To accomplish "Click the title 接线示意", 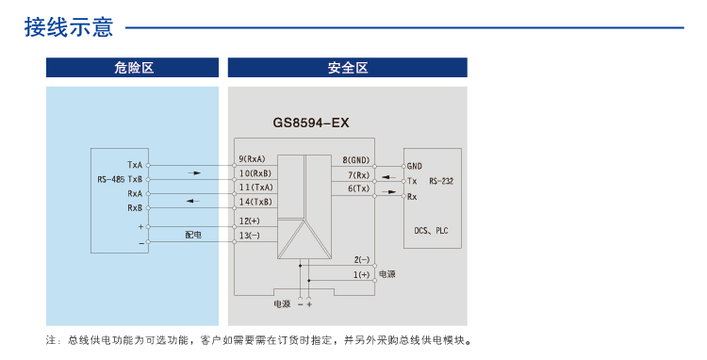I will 69,27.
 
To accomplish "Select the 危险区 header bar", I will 133,68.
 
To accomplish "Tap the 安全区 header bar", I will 347,68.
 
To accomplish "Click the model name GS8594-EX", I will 311,123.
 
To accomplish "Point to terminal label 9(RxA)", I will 253,158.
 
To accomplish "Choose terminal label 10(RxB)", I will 255,173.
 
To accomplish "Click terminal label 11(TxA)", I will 255,188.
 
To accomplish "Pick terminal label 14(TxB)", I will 255,202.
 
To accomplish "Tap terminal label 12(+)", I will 250,221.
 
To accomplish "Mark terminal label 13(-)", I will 250,235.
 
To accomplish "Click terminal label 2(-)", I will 362,259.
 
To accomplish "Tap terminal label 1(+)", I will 362,274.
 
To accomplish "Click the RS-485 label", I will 110,179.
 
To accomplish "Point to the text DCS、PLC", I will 433,229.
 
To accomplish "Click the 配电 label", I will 192,234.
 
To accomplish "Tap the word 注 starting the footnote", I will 50,340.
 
